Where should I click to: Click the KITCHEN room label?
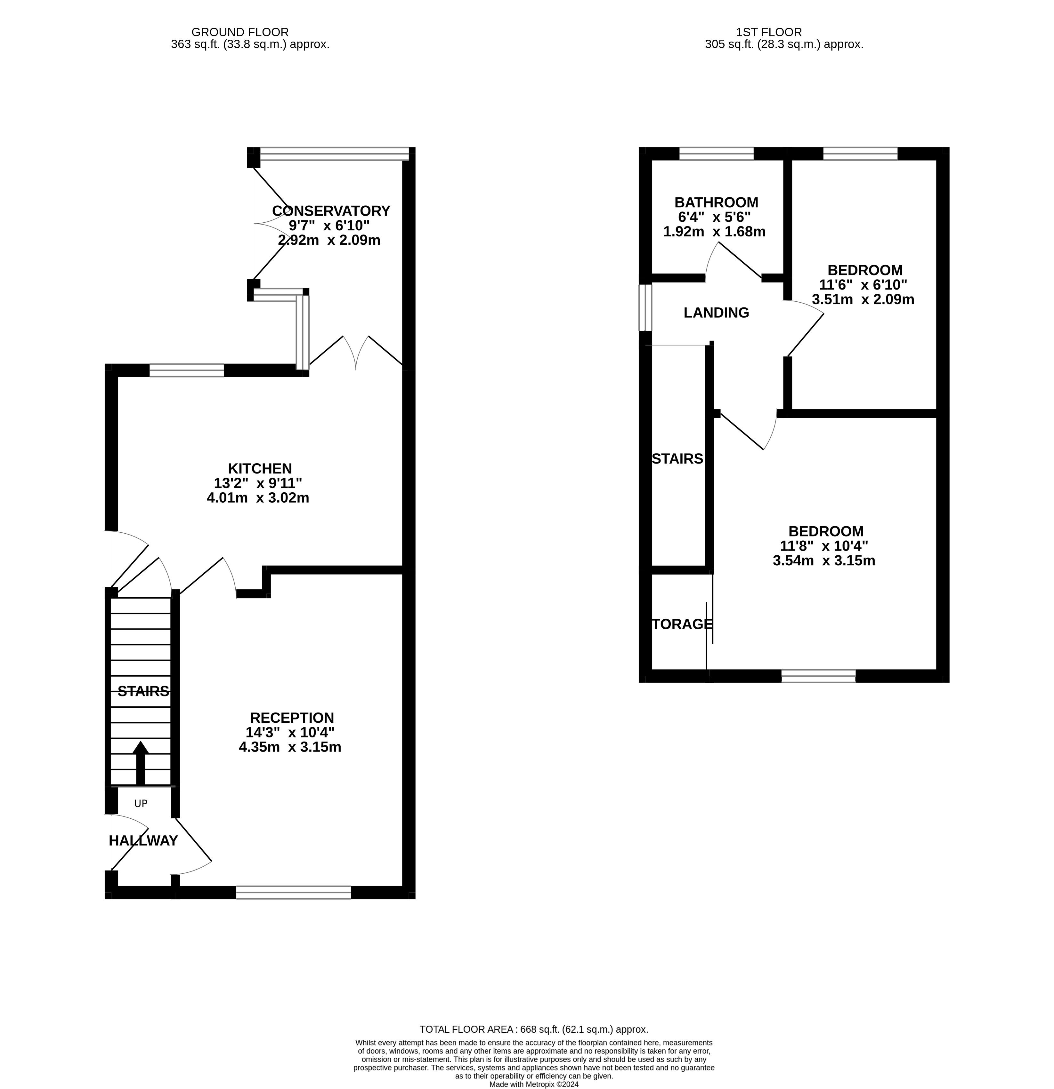tap(260, 468)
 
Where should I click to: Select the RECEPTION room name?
tap(292, 718)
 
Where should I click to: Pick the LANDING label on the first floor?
tap(716, 313)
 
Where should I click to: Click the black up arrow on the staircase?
tap(140, 763)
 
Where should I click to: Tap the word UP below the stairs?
tap(141, 803)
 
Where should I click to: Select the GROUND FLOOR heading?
tap(240, 33)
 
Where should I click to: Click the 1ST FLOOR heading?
tap(769, 33)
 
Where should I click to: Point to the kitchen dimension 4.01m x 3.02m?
tap(258, 498)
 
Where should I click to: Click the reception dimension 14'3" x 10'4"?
tap(290, 732)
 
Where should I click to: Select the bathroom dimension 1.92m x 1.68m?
tap(714, 232)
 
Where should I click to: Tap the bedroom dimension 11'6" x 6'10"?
tap(863, 284)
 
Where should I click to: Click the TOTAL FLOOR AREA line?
tap(534, 1029)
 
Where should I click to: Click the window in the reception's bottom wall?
tap(294, 892)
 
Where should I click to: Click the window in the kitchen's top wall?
tap(187, 370)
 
